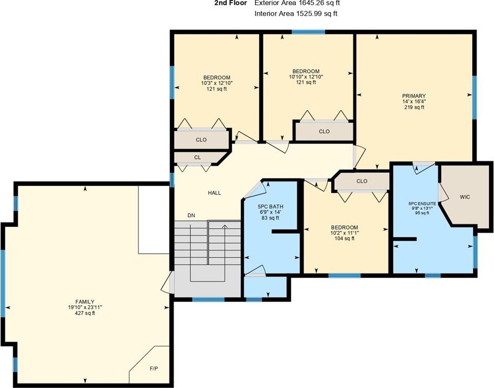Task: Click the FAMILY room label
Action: click(x=85, y=302)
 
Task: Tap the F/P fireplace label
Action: click(x=154, y=368)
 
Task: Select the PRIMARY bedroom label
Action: click(x=414, y=96)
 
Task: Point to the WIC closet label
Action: click(x=465, y=197)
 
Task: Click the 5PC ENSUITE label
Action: click(x=422, y=204)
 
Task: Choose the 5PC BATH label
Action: click(x=271, y=207)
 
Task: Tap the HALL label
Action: click(x=215, y=193)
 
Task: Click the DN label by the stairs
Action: click(x=191, y=215)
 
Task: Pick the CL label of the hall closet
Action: click(x=197, y=157)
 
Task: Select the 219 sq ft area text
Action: click(x=414, y=107)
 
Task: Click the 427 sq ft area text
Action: click(x=85, y=313)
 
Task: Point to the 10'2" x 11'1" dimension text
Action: click(x=345, y=233)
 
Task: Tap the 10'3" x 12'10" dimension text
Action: click(x=217, y=83)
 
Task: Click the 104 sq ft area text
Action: click(x=345, y=238)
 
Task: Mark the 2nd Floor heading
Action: click(x=231, y=3)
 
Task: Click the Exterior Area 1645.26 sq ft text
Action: click(x=297, y=3)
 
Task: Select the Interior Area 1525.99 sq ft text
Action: click(x=296, y=14)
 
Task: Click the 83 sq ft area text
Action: click(x=271, y=218)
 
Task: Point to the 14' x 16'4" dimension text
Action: click(x=414, y=101)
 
